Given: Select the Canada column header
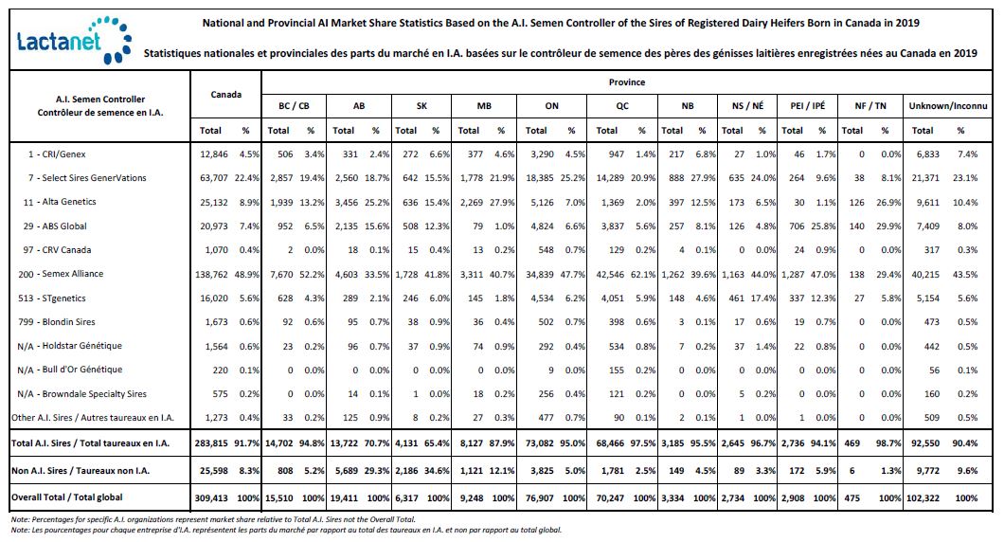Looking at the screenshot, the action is pos(226,95).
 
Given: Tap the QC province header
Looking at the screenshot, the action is pos(622,106).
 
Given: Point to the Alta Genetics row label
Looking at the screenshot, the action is pos(60,202).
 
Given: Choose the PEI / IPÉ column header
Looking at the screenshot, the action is pos(807,106).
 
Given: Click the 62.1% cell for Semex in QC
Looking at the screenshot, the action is pos(643,274).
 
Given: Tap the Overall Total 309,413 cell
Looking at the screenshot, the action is pos(211,497).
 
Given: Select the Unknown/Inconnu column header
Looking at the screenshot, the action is pos(948,106).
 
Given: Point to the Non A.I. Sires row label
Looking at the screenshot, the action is pos(81,471).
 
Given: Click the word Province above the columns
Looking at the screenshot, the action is pos(627,82).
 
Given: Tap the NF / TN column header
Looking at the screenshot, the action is pos(870,106).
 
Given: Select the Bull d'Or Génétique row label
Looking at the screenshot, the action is pos(70,370).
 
